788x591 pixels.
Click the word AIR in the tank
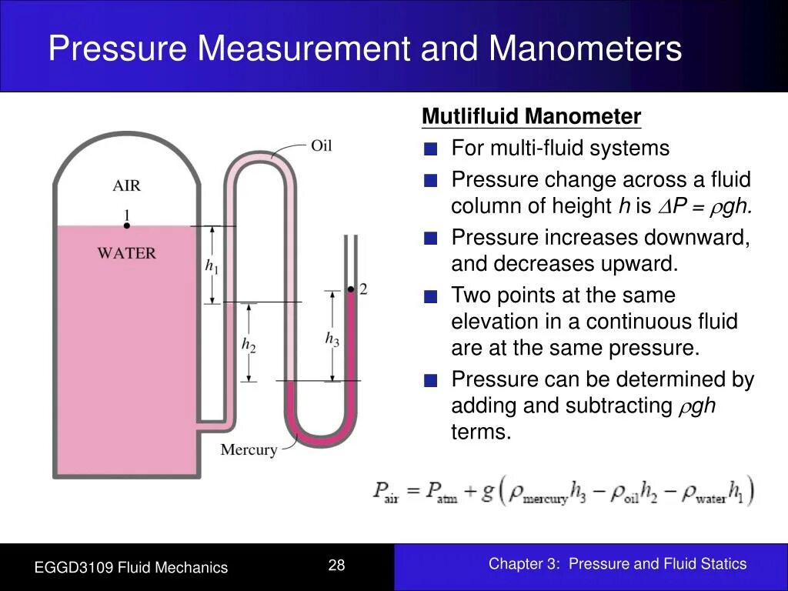[127, 185]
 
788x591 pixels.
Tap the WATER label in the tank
[126, 253]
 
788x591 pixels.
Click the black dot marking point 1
[126, 225]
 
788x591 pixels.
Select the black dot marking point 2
[350, 289]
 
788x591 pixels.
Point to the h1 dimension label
[212, 266]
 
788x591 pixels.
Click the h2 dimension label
[248, 345]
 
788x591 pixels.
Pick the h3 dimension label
[332, 339]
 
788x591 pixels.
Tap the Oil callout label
[322, 145]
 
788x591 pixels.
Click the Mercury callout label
[249, 450]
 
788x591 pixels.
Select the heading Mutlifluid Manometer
[531, 117]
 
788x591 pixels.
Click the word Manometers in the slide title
[585, 48]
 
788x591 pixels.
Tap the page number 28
[336, 566]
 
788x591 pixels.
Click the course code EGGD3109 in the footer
[72, 568]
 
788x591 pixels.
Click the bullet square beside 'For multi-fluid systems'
[431, 149]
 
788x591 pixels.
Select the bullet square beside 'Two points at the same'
[431, 296]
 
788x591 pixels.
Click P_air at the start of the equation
[386, 491]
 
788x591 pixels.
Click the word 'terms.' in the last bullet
[481, 432]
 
